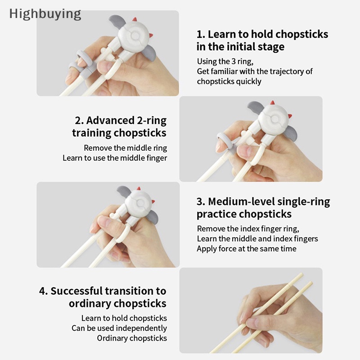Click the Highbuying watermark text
(x=45, y=14)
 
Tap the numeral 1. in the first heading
(x=200, y=35)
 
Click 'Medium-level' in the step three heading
(x=241, y=202)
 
